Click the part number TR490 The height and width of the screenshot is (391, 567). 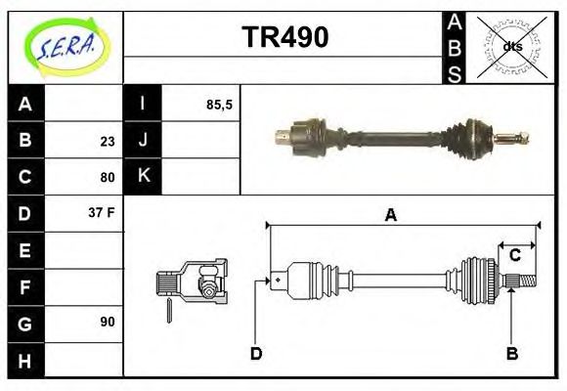click(x=284, y=37)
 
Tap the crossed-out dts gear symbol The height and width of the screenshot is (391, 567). click(x=511, y=46)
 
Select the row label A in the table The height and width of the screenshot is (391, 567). click(x=25, y=104)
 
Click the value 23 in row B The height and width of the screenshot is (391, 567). click(x=108, y=141)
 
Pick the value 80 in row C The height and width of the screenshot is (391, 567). click(x=108, y=178)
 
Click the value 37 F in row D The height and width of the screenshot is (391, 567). click(x=103, y=212)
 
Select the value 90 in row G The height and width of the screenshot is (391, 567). click(x=108, y=322)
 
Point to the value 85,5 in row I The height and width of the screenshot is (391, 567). click(x=219, y=104)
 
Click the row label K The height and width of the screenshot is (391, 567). click(x=143, y=176)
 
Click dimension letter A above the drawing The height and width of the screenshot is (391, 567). click(x=390, y=216)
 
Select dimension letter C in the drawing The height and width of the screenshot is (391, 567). click(x=514, y=256)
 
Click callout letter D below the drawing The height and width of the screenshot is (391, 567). click(x=256, y=353)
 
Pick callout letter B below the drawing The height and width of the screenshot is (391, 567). click(x=511, y=353)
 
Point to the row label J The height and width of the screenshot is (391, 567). click(x=143, y=140)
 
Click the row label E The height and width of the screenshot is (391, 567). click(x=25, y=250)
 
